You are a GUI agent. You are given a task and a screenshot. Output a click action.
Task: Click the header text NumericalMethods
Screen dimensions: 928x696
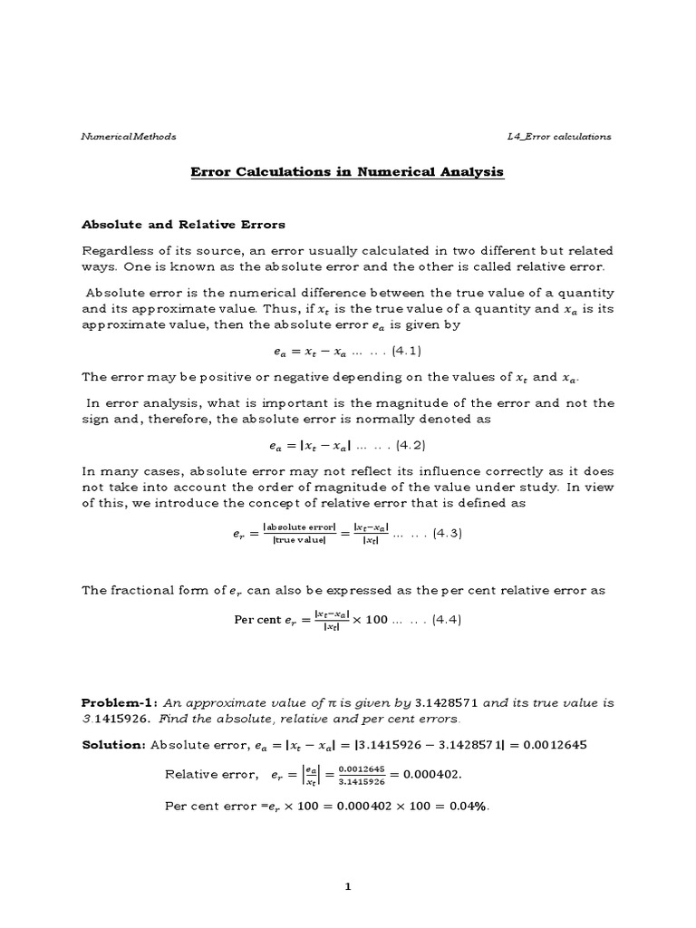pyautogui.click(x=129, y=137)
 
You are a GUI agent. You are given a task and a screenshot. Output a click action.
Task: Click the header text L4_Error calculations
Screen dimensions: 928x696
pyautogui.click(x=559, y=137)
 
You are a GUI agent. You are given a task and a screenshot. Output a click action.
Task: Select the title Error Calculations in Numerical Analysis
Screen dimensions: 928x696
pyautogui.click(x=348, y=171)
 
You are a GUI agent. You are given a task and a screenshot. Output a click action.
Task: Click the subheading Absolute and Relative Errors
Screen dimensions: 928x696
pyautogui.click(x=184, y=224)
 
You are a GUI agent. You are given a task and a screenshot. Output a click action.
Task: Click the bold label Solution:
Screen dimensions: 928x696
pyautogui.click(x=114, y=744)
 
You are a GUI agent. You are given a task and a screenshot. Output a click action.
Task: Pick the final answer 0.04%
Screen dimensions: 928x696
pyautogui.click(x=470, y=805)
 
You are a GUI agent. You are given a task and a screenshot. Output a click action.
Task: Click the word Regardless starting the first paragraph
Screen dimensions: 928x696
pyautogui.click(x=119, y=250)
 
